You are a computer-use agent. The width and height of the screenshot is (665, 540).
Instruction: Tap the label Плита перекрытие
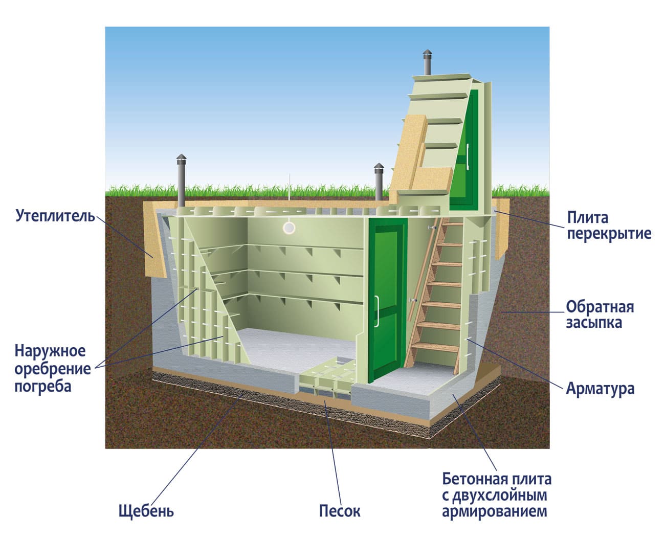point(609,226)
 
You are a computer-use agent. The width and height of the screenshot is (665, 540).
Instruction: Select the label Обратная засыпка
point(600,314)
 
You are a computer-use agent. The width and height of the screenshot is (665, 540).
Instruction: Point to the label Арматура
point(600,389)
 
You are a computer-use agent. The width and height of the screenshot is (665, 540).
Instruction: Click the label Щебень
point(146,511)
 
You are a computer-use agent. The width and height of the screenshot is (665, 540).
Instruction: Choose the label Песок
point(340,511)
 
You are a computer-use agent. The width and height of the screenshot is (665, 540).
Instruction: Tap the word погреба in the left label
point(42,386)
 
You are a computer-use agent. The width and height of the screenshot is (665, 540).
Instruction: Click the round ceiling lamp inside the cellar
point(289,228)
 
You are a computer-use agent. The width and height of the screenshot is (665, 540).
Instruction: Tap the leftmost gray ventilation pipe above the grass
point(181,179)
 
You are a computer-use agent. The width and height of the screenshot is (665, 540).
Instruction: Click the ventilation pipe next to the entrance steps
point(379,182)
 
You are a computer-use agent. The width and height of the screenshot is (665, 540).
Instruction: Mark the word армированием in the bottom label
point(495,511)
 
